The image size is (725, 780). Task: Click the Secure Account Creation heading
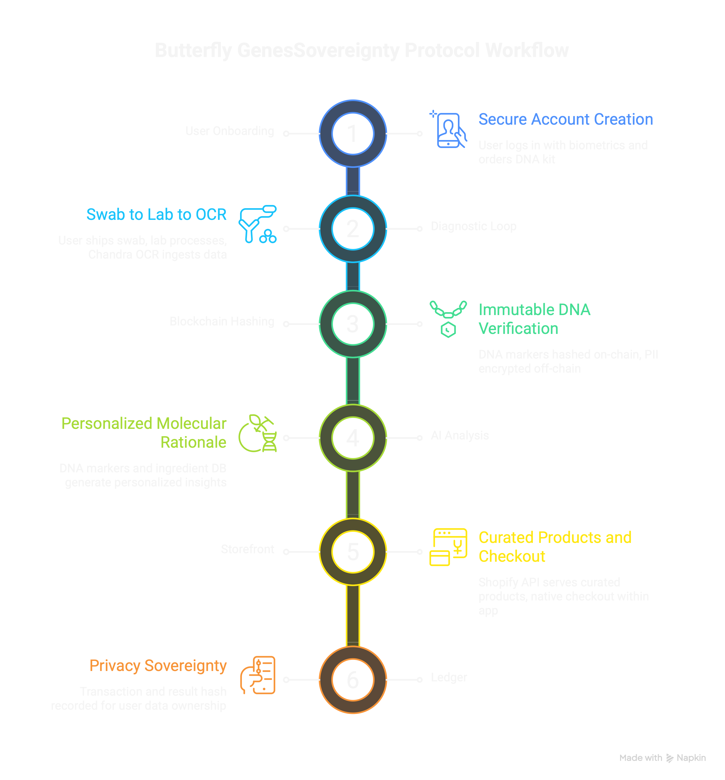pyautogui.click(x=565, y=119)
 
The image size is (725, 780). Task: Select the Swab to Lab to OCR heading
pyautogui.click(x=156, y=215)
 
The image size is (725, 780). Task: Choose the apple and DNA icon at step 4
pyautogui.click(x=258, y=434)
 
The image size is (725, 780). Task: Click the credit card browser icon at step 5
pyautogui.click(x=448, y=547)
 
